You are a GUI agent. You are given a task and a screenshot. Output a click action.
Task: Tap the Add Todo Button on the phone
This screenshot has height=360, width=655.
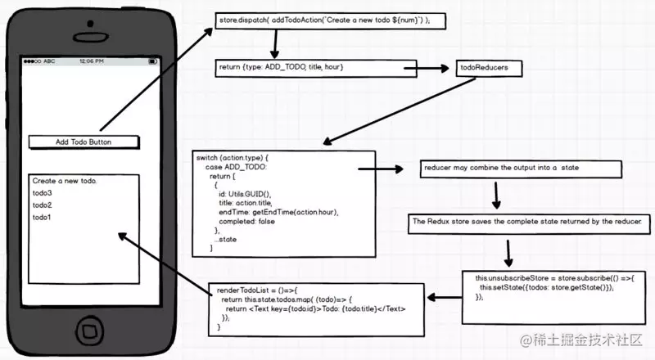click(x=84, y=142)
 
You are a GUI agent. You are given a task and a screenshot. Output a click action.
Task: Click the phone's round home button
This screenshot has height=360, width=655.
click(x=87, y=331)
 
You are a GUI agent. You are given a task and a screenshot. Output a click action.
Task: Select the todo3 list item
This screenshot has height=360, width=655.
click(x=42, y=193)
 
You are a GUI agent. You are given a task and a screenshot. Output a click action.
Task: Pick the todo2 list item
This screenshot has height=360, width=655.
click(x=42, y=205)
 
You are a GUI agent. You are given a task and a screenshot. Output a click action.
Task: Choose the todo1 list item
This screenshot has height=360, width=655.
click(x=42, y=218)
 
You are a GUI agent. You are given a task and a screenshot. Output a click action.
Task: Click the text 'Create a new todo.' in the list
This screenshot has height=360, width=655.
click(x=65, y=181)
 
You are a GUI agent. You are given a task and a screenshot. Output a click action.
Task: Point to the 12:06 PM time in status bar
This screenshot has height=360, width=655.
click(x=86, y=61)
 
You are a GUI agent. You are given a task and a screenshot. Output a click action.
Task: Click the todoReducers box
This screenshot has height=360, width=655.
click(x=488, y=68)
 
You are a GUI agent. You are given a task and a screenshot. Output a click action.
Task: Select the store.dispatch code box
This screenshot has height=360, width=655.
click(x=331, y=19)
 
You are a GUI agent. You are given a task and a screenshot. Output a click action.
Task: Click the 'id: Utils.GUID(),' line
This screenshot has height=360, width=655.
click(x=244, y=194)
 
